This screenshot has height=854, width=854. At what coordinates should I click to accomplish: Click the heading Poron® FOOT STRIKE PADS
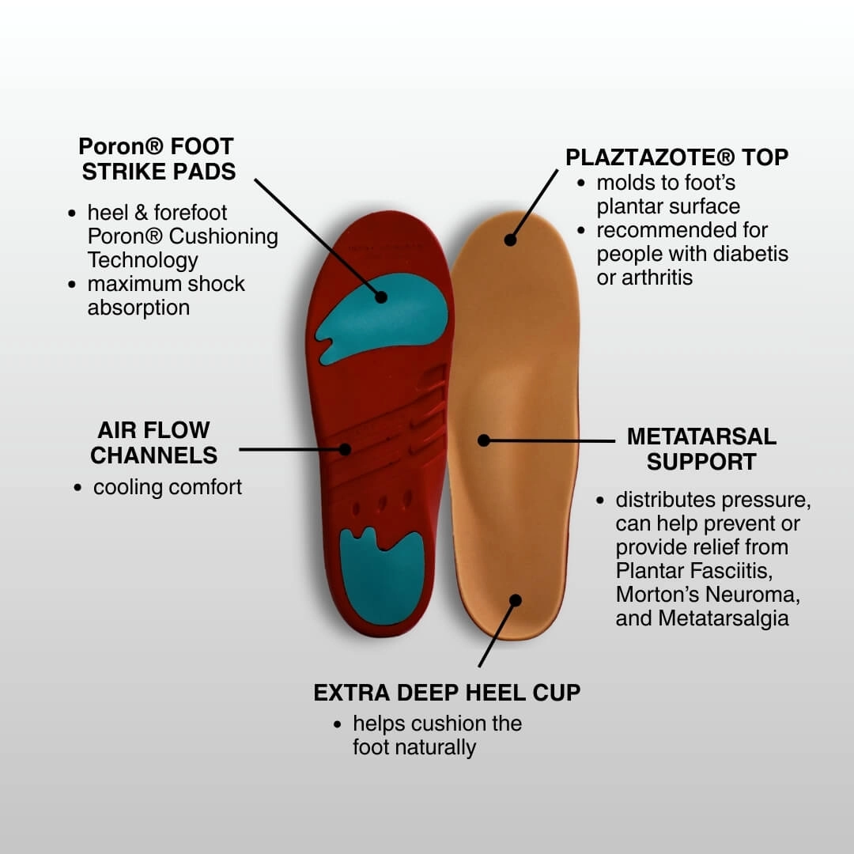click(157, 158)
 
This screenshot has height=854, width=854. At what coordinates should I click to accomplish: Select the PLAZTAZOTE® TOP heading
click(677, 157)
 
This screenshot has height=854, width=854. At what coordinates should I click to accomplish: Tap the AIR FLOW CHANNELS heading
click(153, 443)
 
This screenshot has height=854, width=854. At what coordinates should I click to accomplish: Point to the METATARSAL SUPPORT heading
click(701, 449)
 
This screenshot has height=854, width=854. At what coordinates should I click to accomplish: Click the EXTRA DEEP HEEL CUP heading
click(447, 693)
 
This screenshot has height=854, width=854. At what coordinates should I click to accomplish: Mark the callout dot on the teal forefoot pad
click(381, 297)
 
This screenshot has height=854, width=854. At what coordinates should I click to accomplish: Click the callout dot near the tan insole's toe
click(511, 240)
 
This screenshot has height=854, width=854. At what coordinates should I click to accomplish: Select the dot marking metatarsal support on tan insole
click(484, 440)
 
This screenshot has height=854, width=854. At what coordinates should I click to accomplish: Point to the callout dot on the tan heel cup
click(516, 600)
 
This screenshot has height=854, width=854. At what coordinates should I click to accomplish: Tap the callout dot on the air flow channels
click(345, 449)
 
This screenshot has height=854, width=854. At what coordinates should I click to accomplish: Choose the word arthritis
click(656, 278)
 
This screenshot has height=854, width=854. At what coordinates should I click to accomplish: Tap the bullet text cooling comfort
click(168, 487)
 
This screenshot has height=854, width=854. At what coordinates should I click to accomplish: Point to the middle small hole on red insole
click(382, 503)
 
